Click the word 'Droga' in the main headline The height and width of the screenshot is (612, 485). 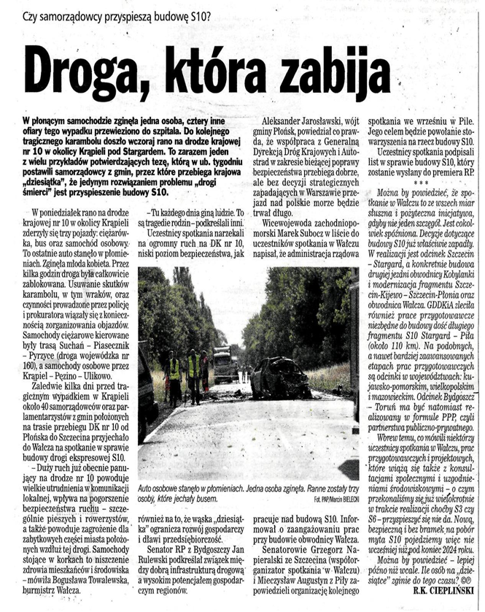pyautogui.click(x=85, y=69)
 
